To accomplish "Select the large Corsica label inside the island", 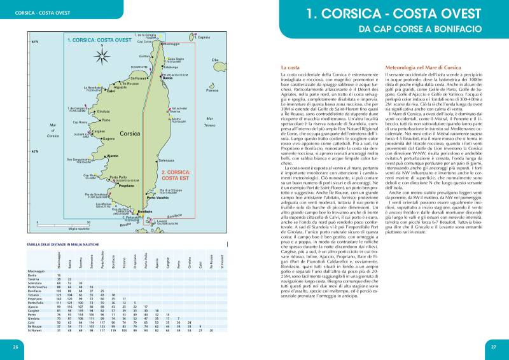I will pos(130,134).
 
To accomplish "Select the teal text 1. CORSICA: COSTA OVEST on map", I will pos(99,40).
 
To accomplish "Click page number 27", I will pos(493,347).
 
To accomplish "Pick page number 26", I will pos(15,347).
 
